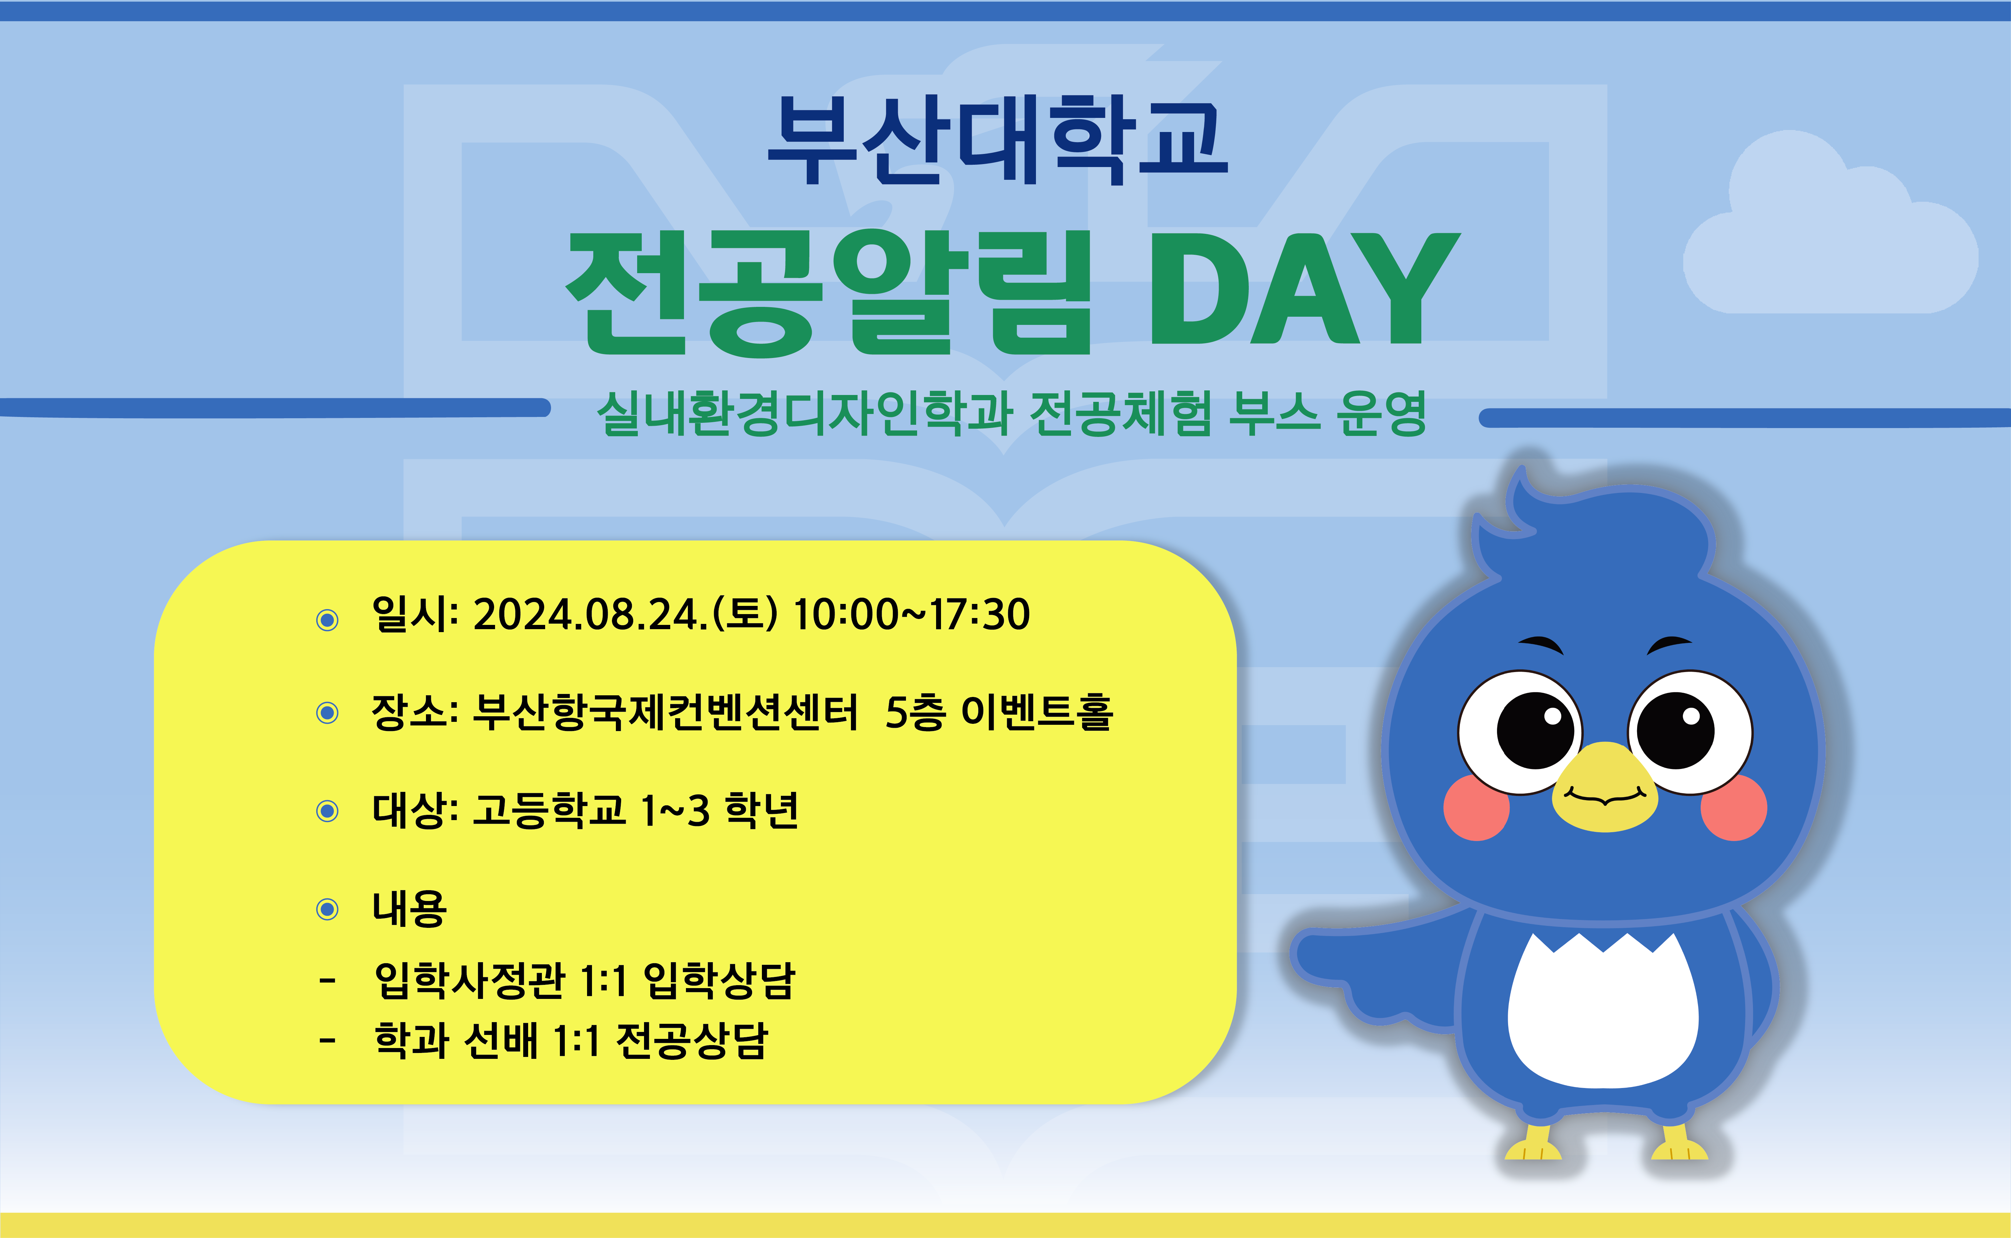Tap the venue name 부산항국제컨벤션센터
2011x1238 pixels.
point(665,712)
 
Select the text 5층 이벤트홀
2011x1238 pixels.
point(999,712)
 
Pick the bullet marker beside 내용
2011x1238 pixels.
point(327,909)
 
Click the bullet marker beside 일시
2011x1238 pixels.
point(327,620)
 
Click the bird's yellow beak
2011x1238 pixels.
point(1604,788)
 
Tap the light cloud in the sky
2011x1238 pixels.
point(1829,237)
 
